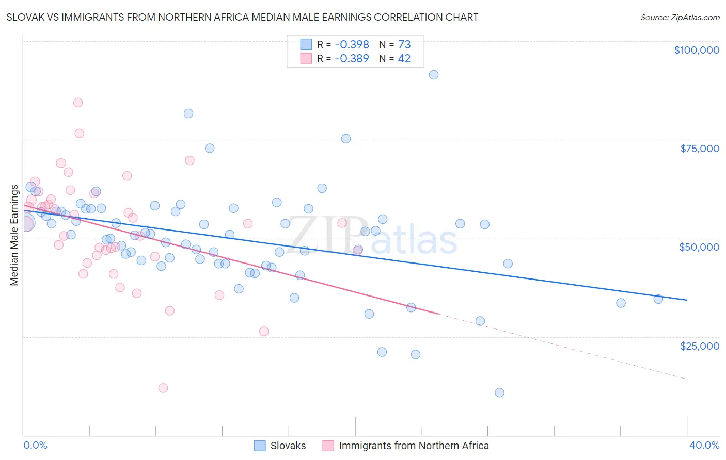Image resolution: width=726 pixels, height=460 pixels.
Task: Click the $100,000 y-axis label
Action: pyautogui.click(x=696, y=50)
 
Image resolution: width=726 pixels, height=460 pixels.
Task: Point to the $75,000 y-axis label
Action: pyautogui.click(x=699, y=149)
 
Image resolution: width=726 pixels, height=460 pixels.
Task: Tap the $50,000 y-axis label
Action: pyautogui.click(x=699, y=247)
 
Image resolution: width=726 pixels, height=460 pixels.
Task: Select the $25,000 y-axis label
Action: pyautogui.click(x=699, y=346)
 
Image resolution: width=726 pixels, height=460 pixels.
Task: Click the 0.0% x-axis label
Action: pyautogui.click(x=35, y=445)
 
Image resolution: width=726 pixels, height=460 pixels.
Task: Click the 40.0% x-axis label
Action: pyautogui.click(x=704, y=445)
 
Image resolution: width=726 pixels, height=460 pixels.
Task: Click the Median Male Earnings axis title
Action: pyautogui.click(x=14, y=235)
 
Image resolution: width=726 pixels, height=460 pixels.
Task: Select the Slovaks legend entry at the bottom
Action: pyautogui.click(x=288, y=446)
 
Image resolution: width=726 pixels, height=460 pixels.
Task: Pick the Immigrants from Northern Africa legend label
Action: pyautogui.click(x=413, y=446)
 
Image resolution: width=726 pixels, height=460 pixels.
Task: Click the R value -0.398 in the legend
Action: pyautogui.click(x=352, y=45)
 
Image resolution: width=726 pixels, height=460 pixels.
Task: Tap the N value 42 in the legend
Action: pyautogui.click(x=404, y=59)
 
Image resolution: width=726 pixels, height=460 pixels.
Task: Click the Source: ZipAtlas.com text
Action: pyautogui.click(x=680, y=18)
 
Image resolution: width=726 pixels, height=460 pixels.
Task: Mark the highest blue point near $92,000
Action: pyautogui.click(x=434, y=75)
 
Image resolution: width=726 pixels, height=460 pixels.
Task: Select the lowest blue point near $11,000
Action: pyautogui.click(x=499, y=392)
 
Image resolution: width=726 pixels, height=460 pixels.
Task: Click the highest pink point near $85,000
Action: pyautogui.click(x=78, y=102)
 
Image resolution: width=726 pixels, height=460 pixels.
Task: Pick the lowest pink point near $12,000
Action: pyautogui.click(x=163, y=388)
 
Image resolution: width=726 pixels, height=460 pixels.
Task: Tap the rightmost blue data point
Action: pyautogui.click(x=658, y=299)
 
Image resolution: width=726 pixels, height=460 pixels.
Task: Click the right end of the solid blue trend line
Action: pyautogui.click(x=687, y=300)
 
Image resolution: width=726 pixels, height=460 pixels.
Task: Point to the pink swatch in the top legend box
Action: pyautogui.click(x=306, y=58)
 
